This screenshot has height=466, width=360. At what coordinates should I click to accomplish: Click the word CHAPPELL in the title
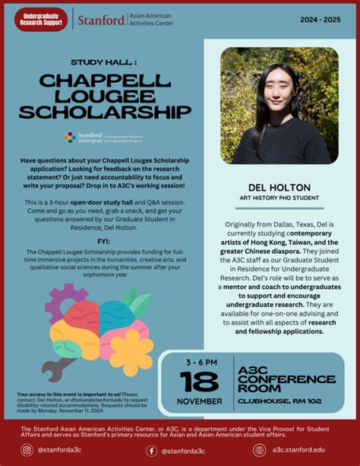pos(105,81)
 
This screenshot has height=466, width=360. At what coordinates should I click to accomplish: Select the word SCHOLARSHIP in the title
pos(105,112)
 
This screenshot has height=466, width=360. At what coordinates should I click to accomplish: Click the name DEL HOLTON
pos(279,186)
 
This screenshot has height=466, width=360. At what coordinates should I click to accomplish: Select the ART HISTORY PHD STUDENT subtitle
pos(279,199)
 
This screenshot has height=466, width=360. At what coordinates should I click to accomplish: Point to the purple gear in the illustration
pos(62,300)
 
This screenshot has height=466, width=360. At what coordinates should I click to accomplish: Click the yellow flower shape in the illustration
pos(131,351)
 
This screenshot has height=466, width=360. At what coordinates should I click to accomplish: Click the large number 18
pos(200,382)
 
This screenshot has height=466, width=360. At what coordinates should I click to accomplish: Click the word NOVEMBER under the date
pos(200,401)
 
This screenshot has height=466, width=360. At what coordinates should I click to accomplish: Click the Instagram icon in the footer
pos(27,450)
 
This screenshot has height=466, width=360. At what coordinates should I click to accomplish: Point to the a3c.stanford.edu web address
pos(304,450)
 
